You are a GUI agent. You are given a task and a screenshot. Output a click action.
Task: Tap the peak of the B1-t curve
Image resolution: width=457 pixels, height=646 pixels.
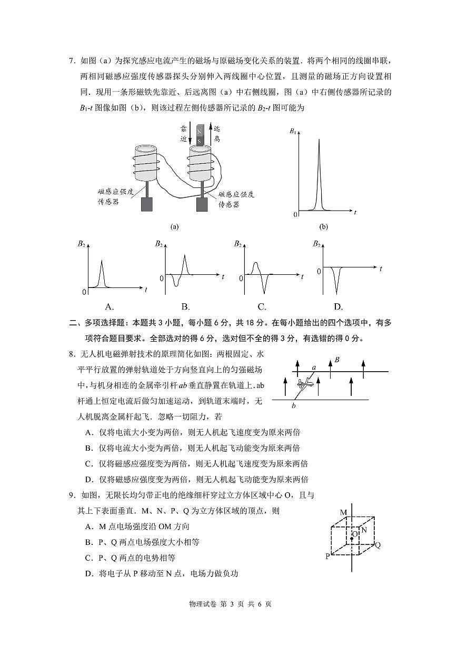coord(319,140)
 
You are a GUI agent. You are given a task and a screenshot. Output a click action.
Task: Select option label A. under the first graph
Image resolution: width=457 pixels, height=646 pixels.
coord(110,307)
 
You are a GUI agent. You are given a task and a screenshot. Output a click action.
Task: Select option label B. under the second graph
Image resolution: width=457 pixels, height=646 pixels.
coord(185,307)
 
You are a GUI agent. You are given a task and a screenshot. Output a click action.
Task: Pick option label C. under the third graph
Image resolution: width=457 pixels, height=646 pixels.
coord(262,307)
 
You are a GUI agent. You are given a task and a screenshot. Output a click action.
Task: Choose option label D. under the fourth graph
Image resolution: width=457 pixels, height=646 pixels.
coord(338,307)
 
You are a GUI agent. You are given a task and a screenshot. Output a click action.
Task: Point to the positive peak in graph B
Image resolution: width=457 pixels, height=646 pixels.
coord(184,256)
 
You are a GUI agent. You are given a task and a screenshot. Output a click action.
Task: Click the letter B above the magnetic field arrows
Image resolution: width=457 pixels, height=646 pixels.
coord(337,360)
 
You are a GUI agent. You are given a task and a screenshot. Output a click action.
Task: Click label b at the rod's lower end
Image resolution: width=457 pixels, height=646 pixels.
coord(294,405)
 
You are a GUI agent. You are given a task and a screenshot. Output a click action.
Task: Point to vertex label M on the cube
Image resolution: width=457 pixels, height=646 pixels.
coord(343,512)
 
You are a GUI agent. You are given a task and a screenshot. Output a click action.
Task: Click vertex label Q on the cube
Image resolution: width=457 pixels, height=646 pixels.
coord(377,545)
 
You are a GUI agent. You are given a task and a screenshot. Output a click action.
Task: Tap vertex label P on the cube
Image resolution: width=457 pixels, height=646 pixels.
coord(327,556)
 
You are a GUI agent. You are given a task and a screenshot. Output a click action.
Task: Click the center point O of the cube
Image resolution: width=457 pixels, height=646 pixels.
coord(352,538)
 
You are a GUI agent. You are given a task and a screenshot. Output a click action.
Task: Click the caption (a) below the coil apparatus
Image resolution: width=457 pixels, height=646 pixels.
coord(174,227)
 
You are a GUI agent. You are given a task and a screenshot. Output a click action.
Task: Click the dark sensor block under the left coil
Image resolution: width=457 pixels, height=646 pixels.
coord(147,205)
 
